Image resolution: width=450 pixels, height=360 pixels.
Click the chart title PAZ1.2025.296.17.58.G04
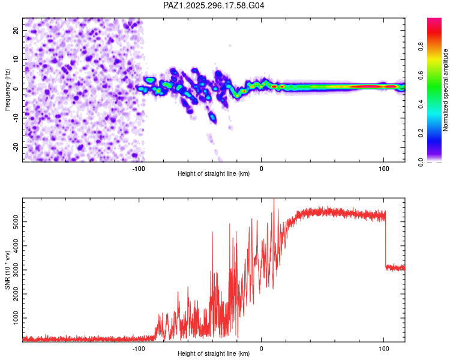[214, 5]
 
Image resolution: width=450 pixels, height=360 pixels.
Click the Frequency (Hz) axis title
[7, 89]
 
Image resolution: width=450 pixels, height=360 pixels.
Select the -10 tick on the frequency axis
[15, 118]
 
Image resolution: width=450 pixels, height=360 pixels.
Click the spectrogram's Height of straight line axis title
[214, 173]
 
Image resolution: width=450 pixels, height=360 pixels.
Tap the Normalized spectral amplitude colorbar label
[446, 90]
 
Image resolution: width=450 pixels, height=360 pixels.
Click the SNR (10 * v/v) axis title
[7, 270]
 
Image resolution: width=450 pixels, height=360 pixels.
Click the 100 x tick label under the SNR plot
[383, 347]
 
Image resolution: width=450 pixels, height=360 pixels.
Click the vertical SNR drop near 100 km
[385, 240]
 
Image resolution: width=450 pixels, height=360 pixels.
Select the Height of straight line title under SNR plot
[214, 353]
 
